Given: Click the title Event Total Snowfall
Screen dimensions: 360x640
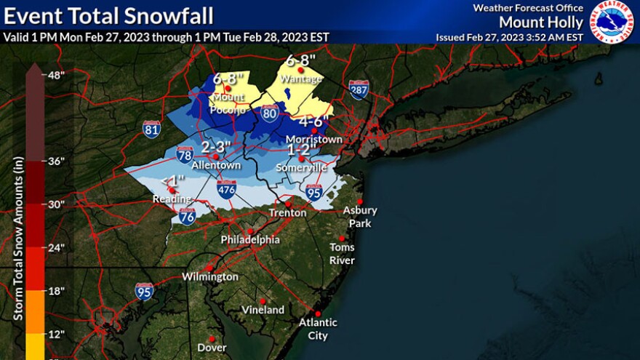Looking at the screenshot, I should pos(109,15).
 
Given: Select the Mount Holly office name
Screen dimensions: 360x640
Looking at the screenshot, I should pos(541,22).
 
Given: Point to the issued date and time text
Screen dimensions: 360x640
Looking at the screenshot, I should pos(509,37).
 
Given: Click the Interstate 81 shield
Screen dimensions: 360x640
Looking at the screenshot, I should pos(151,129).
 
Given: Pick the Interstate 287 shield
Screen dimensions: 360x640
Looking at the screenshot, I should pos(359,89).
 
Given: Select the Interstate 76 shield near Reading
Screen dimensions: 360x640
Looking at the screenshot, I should pos(187,215).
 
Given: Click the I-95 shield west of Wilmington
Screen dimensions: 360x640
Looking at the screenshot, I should pos(144,291).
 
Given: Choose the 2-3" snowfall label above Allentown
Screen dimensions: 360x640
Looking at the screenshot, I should pos(215,148).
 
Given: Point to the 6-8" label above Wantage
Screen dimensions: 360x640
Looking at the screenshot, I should pos(300,61).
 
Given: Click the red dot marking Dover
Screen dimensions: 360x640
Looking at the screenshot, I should pos(211,338).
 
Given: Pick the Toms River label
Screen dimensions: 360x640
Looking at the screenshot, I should pos(342,253).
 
